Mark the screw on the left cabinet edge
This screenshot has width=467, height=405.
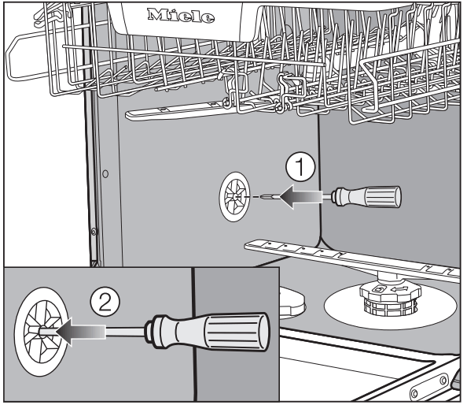(x=94, y=231)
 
